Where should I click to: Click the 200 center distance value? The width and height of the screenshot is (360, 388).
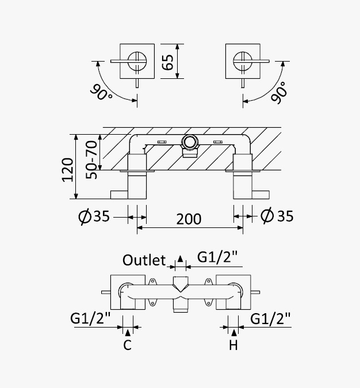(189, 219)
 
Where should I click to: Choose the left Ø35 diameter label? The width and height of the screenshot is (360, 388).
(93, 216)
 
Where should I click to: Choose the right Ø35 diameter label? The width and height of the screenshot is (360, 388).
(277, 216)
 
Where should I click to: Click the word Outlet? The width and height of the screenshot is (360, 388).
(144, 260)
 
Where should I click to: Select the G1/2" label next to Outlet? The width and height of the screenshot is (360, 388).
(217, 257)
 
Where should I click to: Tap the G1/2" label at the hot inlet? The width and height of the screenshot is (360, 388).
(270, 318)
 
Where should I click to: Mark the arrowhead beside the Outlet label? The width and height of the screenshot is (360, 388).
(181, 259)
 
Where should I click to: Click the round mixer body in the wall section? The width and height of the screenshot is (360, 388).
(189, 142)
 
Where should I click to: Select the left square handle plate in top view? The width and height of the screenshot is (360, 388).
(137, 60)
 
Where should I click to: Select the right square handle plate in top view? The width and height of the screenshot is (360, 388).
(243, 60)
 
